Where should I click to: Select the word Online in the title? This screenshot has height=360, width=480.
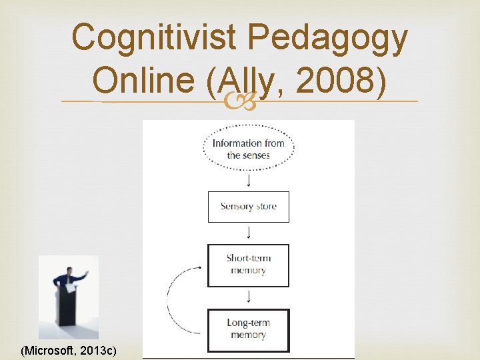(x=143, y=81)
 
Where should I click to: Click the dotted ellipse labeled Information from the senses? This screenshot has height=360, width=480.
(x=248, y=149)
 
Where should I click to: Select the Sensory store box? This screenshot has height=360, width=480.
(x=248, y=207)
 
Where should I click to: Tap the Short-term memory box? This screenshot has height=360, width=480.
(x=248, y=265)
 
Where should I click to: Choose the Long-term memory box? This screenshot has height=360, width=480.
(x=248, y=329)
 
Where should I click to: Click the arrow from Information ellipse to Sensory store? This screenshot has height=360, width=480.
(x=248, y=180)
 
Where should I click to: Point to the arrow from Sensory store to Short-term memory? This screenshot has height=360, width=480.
(x=248, y=233)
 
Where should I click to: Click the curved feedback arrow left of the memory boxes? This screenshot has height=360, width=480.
(x=175, y=297)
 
